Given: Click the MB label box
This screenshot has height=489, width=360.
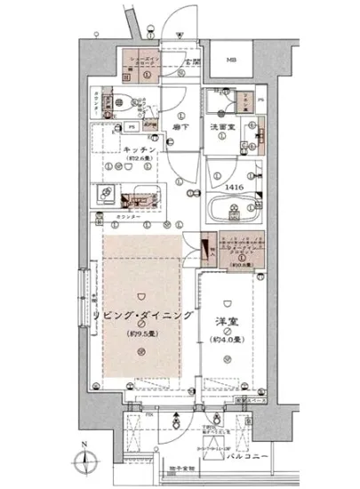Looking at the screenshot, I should click(x=230, y=60).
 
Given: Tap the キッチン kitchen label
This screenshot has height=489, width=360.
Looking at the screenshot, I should click(x=140, y=149).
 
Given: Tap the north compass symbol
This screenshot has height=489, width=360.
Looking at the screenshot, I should click(x=84, y=460).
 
